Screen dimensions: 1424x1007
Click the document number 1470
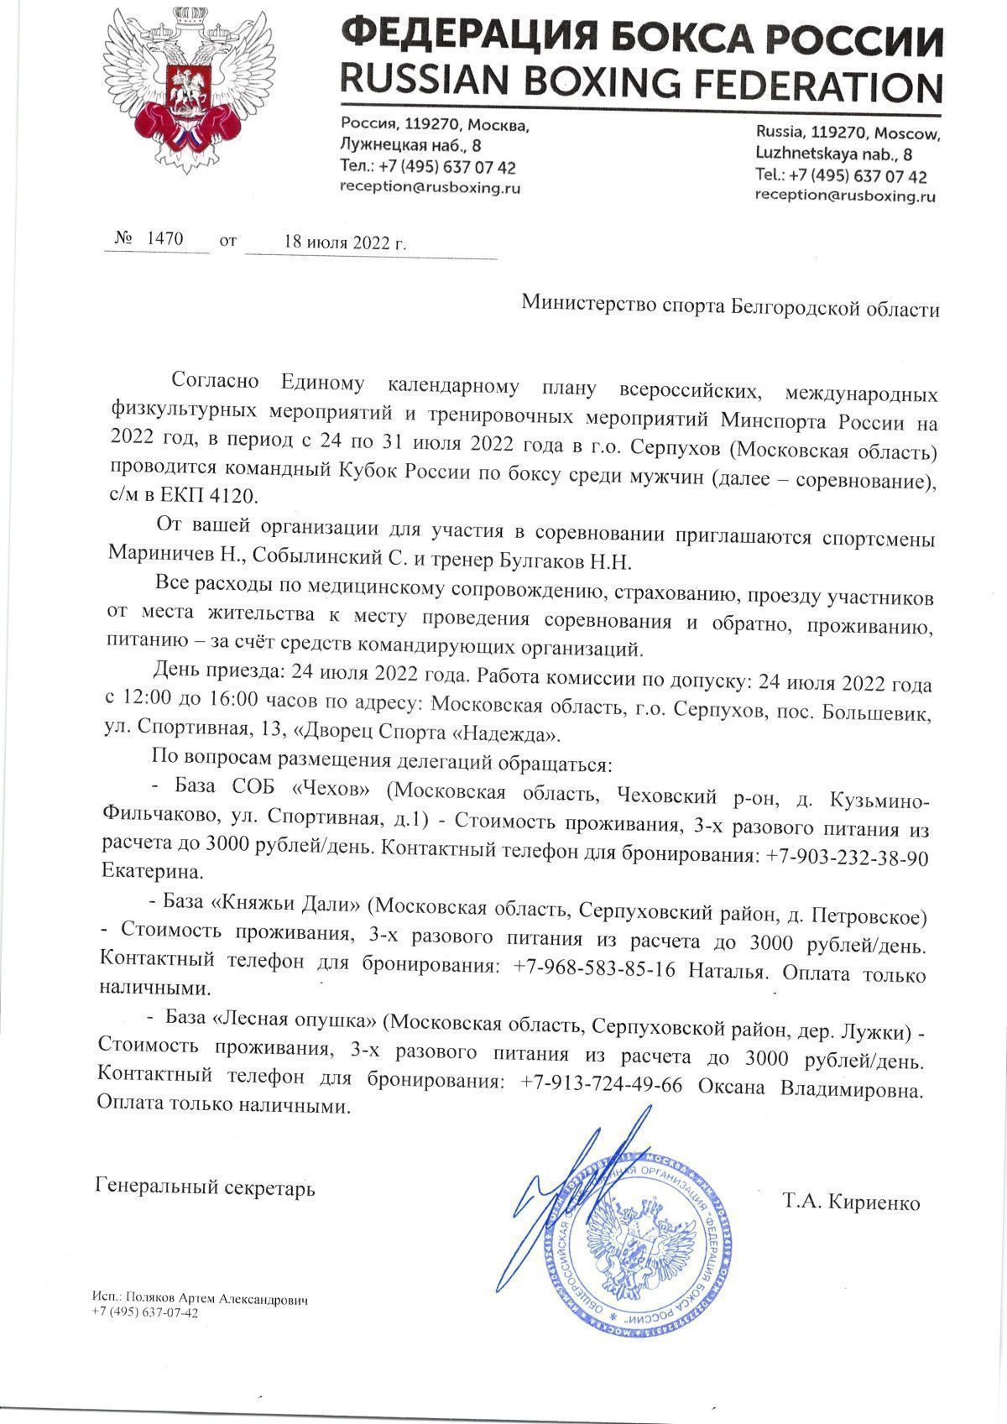pyautogui.click(x=164, y=238)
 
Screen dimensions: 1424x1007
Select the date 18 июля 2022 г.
pyautogui.click(x=345, y=243)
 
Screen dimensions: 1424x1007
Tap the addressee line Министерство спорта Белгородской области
pyautogui.click(x=730, y=307)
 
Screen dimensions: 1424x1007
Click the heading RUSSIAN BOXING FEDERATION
pyautogui.click(x=640, y=83)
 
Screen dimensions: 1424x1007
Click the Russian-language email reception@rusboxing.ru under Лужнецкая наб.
pyautogui.click(x=429, y=188)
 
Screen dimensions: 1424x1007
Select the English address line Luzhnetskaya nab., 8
pyautogui.click(x=834, y=154)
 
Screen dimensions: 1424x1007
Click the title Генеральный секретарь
pyautogui.click(x=206, y=1187)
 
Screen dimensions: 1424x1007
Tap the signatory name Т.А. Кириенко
pyautogui.click(x=851, y=1202)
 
